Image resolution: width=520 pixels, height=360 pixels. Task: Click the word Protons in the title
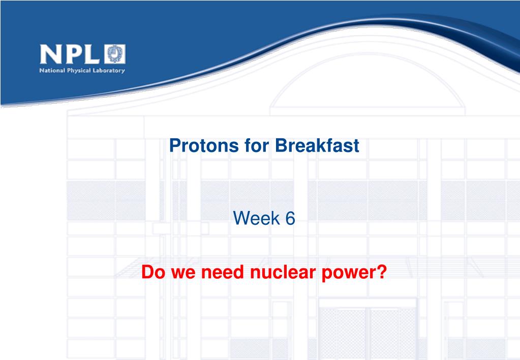coord(204,145)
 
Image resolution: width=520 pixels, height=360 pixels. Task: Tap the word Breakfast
coord(317,145)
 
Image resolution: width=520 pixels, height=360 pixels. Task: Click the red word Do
coord(153,272)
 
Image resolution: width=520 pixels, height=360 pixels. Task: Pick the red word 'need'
coord(223,272)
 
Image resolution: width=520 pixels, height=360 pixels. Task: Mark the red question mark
coord(382,272)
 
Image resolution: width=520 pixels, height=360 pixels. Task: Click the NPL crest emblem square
coord(115,54)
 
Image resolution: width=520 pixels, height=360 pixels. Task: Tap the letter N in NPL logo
coord(51,54)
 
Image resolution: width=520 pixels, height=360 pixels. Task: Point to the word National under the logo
coord(52,70)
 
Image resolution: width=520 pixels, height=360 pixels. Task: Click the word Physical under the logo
coord(79,71)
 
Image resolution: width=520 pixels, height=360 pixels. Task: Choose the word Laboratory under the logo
coord(109,71)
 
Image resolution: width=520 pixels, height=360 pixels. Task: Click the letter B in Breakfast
coord(281,145)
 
